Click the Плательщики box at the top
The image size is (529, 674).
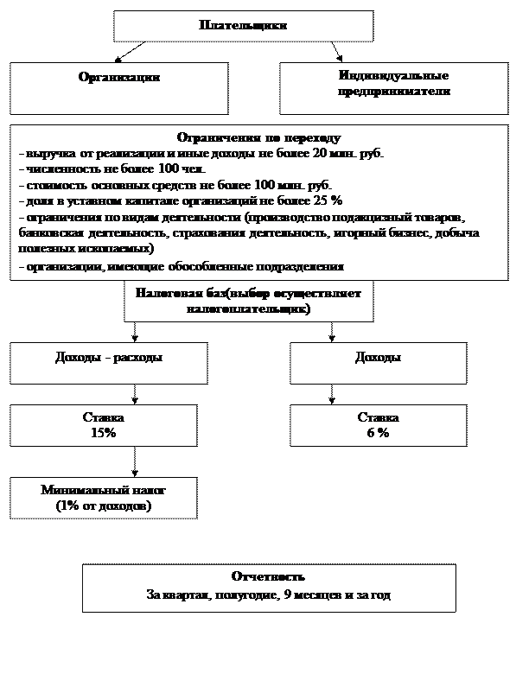point(243,26)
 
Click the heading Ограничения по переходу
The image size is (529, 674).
point(258,138)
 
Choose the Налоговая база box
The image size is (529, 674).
point(248,301)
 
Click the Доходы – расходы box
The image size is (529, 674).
point(108,358)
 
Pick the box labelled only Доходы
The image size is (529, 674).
point(378,358)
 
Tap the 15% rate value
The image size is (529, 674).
point(103,433)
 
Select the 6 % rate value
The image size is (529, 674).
point(377,433)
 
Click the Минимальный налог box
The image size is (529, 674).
point(103,497)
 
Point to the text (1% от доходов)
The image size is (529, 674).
point(103,505)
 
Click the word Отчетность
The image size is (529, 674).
point(268,576)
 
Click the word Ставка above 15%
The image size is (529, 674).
point(103,417)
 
